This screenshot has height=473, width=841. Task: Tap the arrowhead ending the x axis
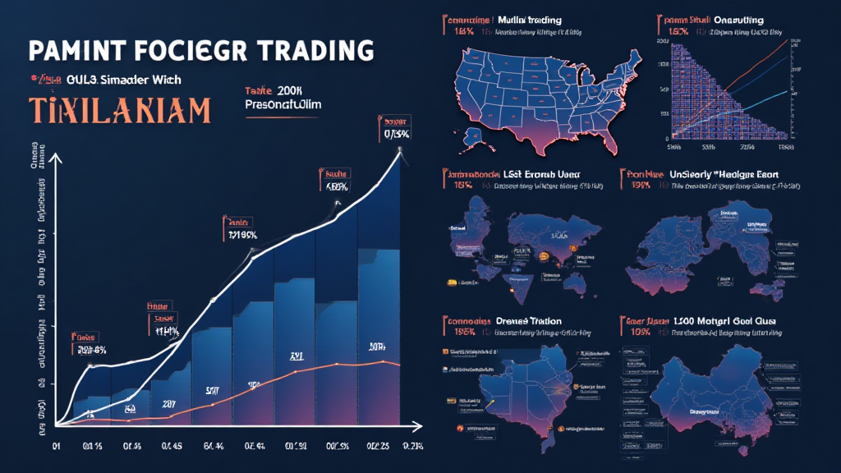(418, 427)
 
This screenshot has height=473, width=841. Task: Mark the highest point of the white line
(400, 150)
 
